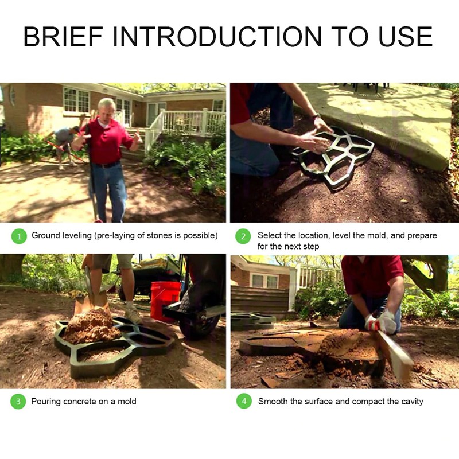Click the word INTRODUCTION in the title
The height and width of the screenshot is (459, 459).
(x=217, y=37)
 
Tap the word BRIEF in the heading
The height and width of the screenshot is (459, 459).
(x=64, y=37)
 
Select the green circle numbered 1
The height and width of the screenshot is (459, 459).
(x=19, y=236)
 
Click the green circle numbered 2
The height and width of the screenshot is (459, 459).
(x=243, y=236)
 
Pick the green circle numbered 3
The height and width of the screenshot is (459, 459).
(x=18, y=401)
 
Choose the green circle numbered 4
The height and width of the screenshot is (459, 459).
(x=244, y=401)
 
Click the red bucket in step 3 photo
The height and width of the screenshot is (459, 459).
(x=165, y=301)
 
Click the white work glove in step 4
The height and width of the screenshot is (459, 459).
(x=380, y=321)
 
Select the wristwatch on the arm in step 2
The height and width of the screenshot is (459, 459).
(x=316, y=116)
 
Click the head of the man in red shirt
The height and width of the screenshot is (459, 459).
(x=106, y=108)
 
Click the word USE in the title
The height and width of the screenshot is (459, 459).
(x=406, y=37)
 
